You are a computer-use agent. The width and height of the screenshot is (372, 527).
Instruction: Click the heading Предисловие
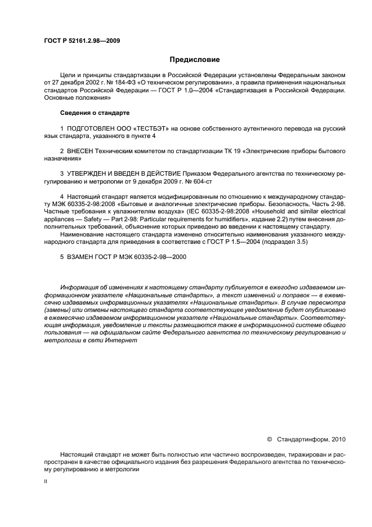coord(195,59)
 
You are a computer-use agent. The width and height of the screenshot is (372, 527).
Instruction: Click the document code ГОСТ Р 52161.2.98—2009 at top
coord(81,41)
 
